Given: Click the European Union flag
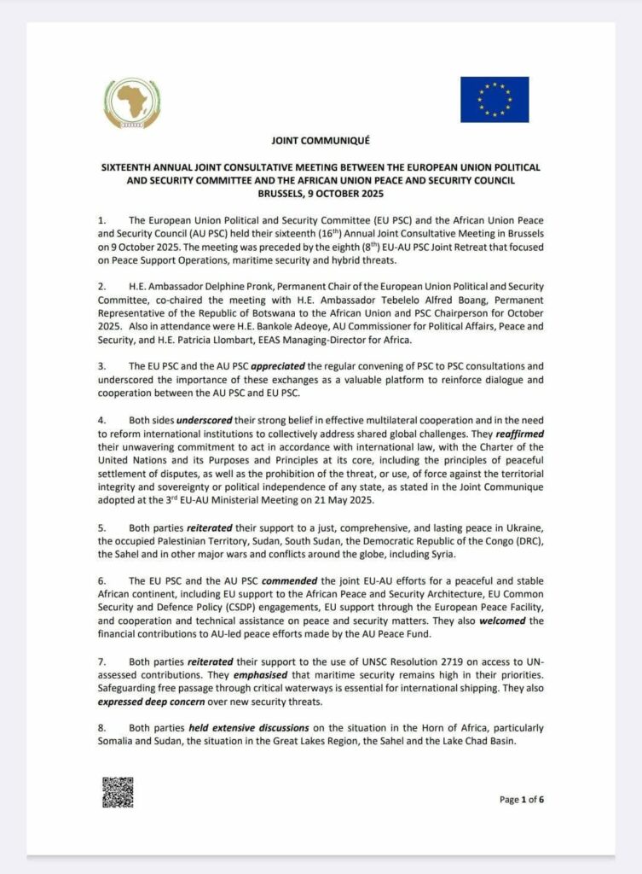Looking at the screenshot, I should click(495, 99).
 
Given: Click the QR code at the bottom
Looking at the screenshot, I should click(118, 792).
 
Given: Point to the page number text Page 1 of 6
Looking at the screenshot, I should click(521, 800).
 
